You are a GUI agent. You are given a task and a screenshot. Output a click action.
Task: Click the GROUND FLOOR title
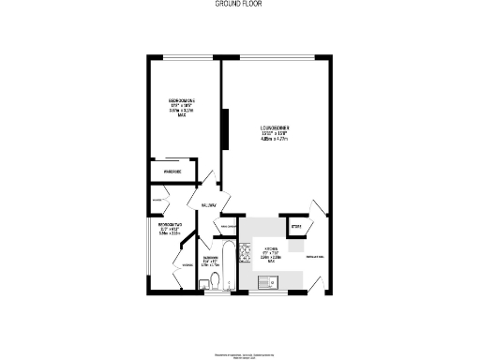pos(239,5)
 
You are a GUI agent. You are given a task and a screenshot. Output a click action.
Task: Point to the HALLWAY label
pos(208,205)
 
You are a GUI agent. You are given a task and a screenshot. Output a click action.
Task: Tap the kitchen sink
pos(266,281)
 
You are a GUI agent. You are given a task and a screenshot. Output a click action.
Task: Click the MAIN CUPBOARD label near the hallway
pos(229,225)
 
